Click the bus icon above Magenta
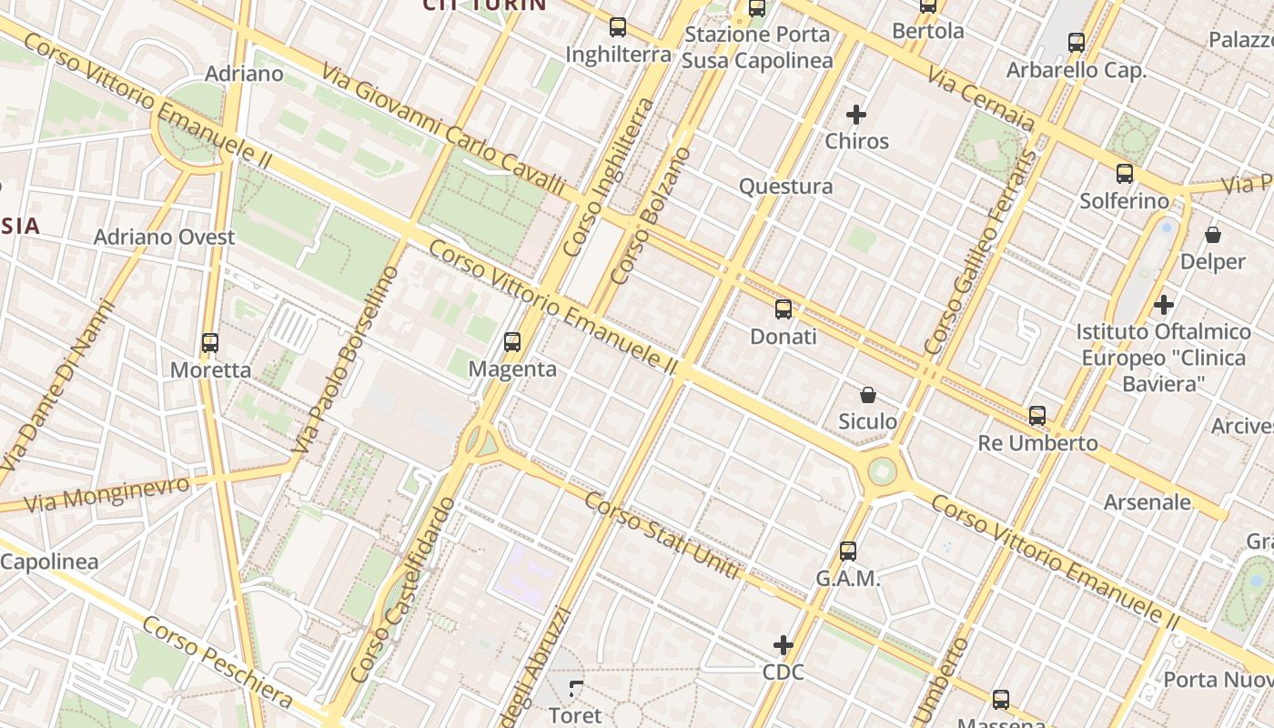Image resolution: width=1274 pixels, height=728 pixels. pyautogui.click(x=512, y=342)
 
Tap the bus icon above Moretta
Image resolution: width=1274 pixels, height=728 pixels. pyautogui.click(x=210, y=343)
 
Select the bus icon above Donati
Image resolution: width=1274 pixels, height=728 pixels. pyautogui.click(x=784, y=309)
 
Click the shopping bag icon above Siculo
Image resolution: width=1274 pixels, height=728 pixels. pyautogui.click(x=868, y=395)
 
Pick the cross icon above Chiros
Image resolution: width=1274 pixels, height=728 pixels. pyautogui.click(x=856, y=115)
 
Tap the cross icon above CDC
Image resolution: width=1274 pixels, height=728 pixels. pyautogui.click(x=784, y=645)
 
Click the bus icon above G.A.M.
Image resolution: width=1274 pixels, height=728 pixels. pyautogui.click(x=848, y=551)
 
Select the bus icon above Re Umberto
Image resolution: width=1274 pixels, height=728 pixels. pyautogui.click(x=1037, y=416)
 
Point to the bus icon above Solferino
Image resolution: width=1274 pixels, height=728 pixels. pyautogui.click(x=1125, y=174)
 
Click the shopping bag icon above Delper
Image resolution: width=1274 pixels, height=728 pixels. pyautogui.click(x=1213, y=235)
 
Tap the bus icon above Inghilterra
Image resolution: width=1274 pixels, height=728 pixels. pyautogui.click(x=618, y=27)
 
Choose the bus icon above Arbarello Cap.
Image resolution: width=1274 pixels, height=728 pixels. pyautogui.click(x=1077, y=42)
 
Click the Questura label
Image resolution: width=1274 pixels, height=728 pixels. pyautogui.click(x=785, y=187)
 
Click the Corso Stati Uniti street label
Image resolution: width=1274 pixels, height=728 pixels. pyautogui.click(x=662, y=535)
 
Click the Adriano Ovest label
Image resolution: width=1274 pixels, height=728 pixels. pyautogui.click(x=165, y=238)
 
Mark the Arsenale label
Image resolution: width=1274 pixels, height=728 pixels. pyautogui.click(x=1147, y=502)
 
